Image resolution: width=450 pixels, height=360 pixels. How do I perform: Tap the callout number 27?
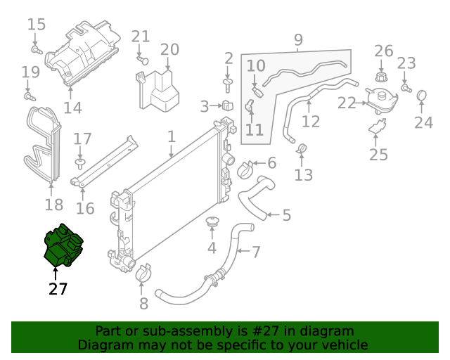[x=58, y=288]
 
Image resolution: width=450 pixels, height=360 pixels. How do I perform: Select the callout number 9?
[x=298, y=39]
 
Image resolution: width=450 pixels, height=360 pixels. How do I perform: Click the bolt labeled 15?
[x=37, y=49]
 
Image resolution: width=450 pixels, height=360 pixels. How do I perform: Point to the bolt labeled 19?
[x=29, y=95]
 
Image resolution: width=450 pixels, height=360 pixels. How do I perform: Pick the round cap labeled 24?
[x=422, y=96]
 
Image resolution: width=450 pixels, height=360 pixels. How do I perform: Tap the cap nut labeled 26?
[x=382, y=74]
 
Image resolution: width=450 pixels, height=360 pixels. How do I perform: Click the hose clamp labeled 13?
[x=303, y=149]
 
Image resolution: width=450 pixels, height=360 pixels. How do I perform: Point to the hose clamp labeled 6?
[x=245, y=169]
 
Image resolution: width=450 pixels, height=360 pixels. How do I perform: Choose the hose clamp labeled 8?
[x=143, y=272]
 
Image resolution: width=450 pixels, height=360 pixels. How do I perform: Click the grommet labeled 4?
[x=212, y=224]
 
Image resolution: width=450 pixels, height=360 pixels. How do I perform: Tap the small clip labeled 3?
[x=227, y=107]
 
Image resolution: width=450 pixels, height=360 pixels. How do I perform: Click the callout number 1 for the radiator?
[x=171, y=135]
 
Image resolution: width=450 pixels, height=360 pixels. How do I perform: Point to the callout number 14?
[x=72, y=108]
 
